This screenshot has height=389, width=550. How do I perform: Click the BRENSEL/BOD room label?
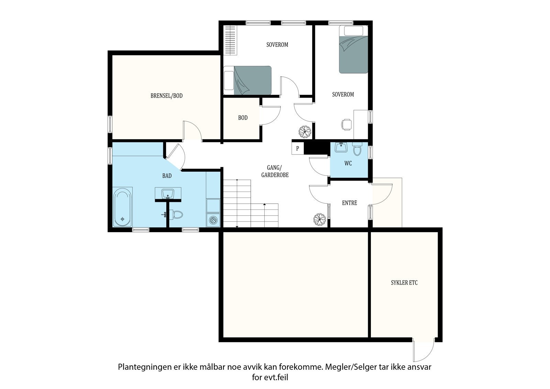pyautogui.click(x=166, y=96)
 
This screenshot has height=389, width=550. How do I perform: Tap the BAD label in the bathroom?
pyautogui.click(x=167, y=176)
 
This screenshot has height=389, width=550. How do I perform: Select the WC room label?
pyautogui.click(x=348, y=163)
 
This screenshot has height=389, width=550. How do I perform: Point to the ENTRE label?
pyautogui.click(x=350, y=203)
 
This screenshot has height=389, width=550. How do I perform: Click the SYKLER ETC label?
pyautogui.click(x=404, y=283)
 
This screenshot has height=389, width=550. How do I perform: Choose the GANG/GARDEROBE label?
pyautogui.click(x=275, y=171)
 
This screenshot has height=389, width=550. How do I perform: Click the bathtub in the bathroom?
pyautogui.click(x=122, y=207)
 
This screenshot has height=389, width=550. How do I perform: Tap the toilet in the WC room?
pyautogui.click(x=357, y=149)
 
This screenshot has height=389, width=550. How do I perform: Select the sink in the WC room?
pyautogui.click(x=341, y=147)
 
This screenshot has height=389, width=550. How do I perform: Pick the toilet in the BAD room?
pyautogui.click(x=176, y=215)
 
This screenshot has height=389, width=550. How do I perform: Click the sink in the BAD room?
pyautogui.click(x=168, y=194)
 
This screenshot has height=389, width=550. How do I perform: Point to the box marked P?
pyautogui.click(x=298, y=149)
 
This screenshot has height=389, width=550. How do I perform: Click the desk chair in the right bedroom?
pyautogui.click(x=346, y=125)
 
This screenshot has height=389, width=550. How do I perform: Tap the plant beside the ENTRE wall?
pyautogui.click(x=319, y=219)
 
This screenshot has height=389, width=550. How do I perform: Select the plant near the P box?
pyautogui.click(x=305, y=132)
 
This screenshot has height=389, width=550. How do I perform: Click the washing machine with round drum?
pyautogui.click(x=213, y=220)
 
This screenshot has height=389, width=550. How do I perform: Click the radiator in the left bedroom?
pyautogui.click(x=230, y=40)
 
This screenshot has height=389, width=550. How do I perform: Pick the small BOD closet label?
pyautogui.click(x=243, y=118)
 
